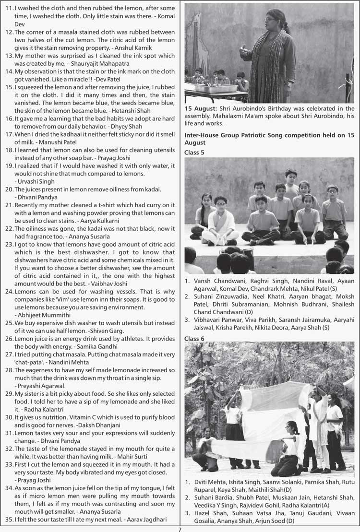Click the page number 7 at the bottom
click(180, 529)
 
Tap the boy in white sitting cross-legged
click(220, 221)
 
